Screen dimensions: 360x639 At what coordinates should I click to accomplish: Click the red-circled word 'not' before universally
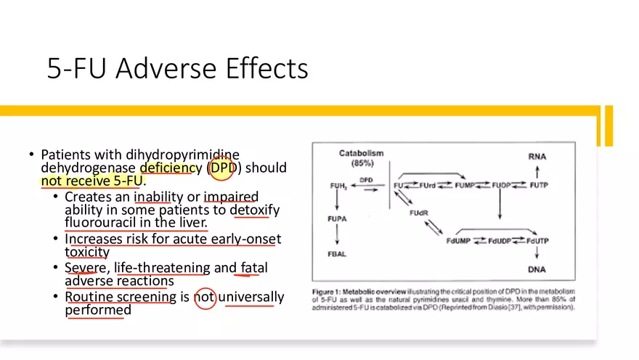(x=205, y=297)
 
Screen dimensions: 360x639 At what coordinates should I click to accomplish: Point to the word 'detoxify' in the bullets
(x=254, y=210)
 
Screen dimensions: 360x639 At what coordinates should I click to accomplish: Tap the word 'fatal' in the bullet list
(x=254, y=268)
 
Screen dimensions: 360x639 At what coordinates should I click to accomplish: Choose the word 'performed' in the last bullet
(x=98, y=310)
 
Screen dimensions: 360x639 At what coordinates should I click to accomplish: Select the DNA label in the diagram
(x=537, y=269)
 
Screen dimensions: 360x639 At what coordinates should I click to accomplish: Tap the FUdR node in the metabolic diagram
(x=418, y=213)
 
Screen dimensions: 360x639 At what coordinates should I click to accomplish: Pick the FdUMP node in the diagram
(x=460, y=241)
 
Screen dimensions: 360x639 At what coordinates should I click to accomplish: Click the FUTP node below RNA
(x=537, y=185)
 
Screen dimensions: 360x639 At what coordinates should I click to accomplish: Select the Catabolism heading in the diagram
(x=361, y=154)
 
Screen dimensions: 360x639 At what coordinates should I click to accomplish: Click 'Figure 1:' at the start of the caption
(x=331, y=291)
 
